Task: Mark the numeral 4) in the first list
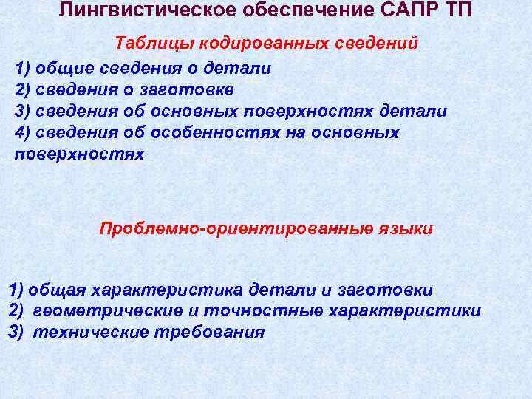pyautogui.click(x=24, y=133)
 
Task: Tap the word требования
pyautogui.click(x=208, y=332)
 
